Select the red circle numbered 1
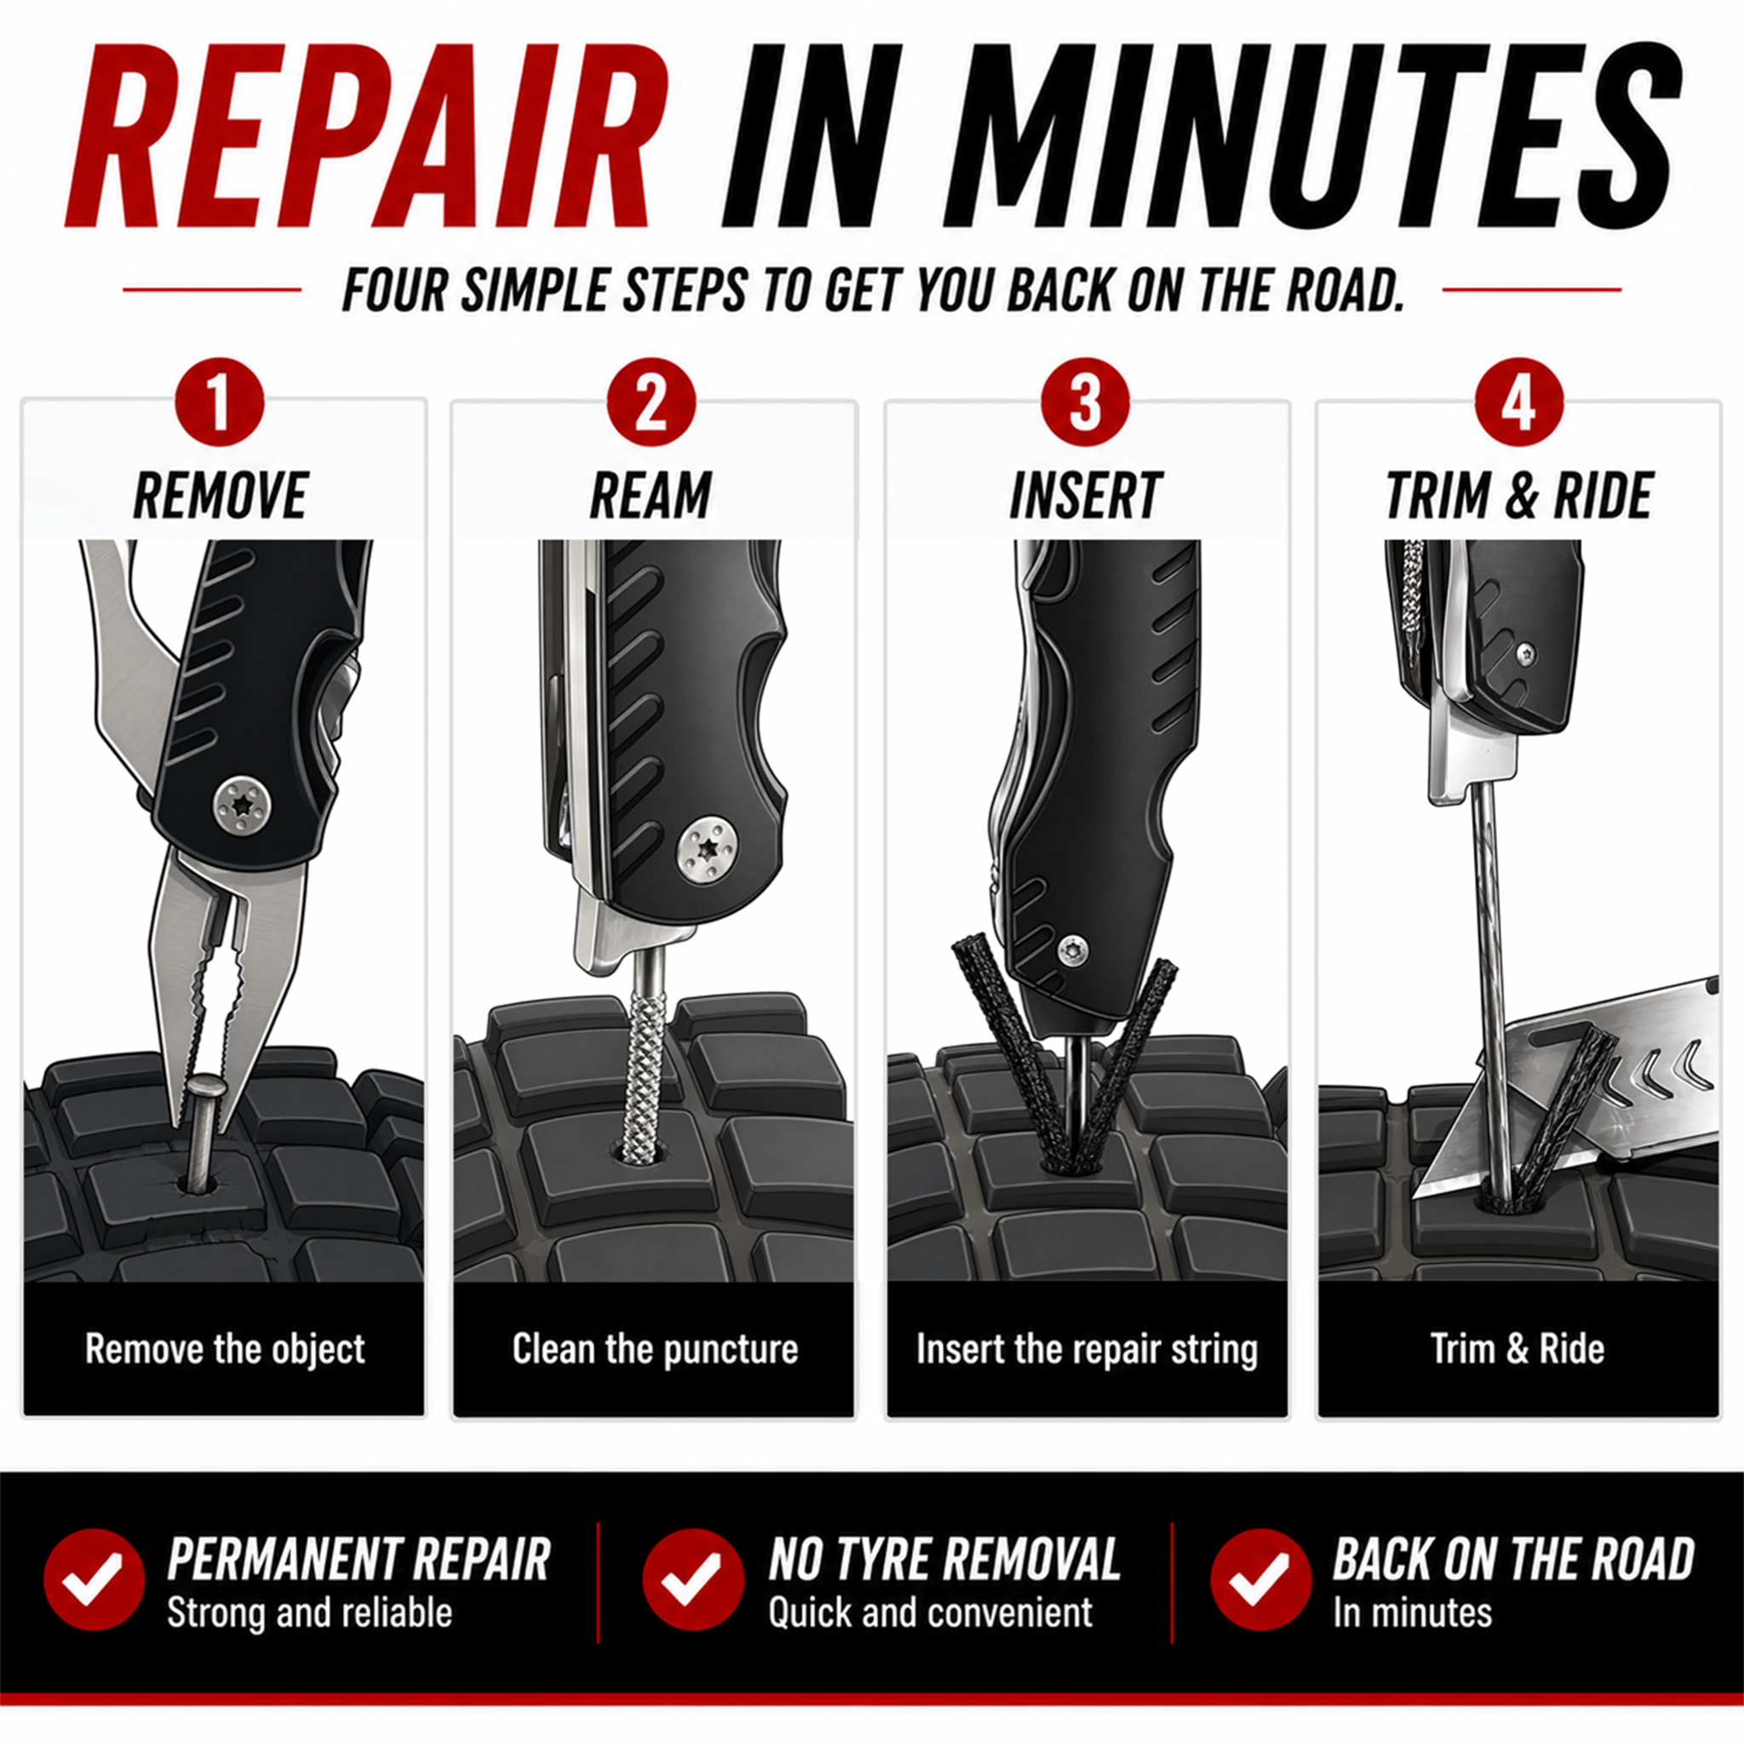click(221, 404)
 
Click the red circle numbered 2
click(651, 404)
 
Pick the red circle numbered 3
click(1085, 404)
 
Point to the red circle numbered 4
click(1518, 404)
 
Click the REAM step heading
click(651, 496)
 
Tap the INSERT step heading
click(1084, 496)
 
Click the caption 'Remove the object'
click(225, 1350)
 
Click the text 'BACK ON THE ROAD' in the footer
click(1513, 1559)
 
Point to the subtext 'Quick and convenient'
click(930, 1613)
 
